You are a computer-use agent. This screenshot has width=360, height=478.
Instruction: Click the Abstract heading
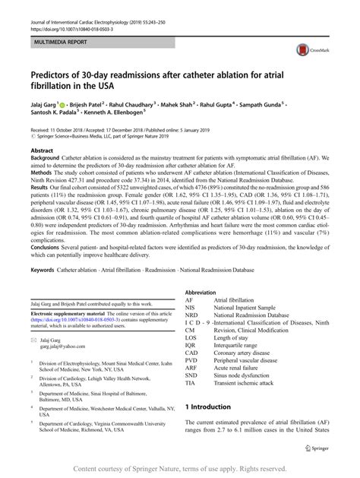[x=43, y=150]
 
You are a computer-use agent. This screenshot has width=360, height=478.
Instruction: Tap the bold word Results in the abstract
[x=43, y=186]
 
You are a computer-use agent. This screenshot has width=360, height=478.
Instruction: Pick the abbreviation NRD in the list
[x=193, y=314]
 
